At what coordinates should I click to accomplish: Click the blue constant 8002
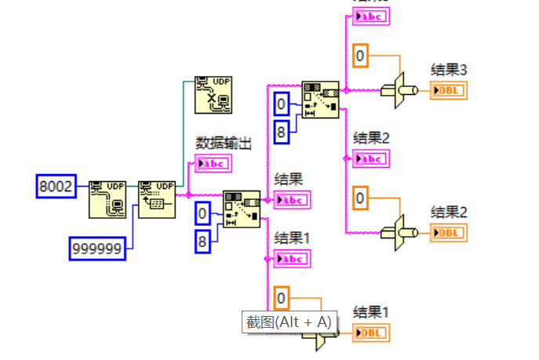56,186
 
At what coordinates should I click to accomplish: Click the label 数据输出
224,143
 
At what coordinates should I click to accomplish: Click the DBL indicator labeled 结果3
448,90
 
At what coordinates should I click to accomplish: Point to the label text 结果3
449,70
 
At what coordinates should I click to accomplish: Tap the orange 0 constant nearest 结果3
360,55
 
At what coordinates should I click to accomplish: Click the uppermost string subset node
320,99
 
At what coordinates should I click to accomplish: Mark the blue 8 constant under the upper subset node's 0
282,132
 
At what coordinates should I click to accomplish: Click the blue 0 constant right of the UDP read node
203,213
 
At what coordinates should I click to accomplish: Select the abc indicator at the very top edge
370,16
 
